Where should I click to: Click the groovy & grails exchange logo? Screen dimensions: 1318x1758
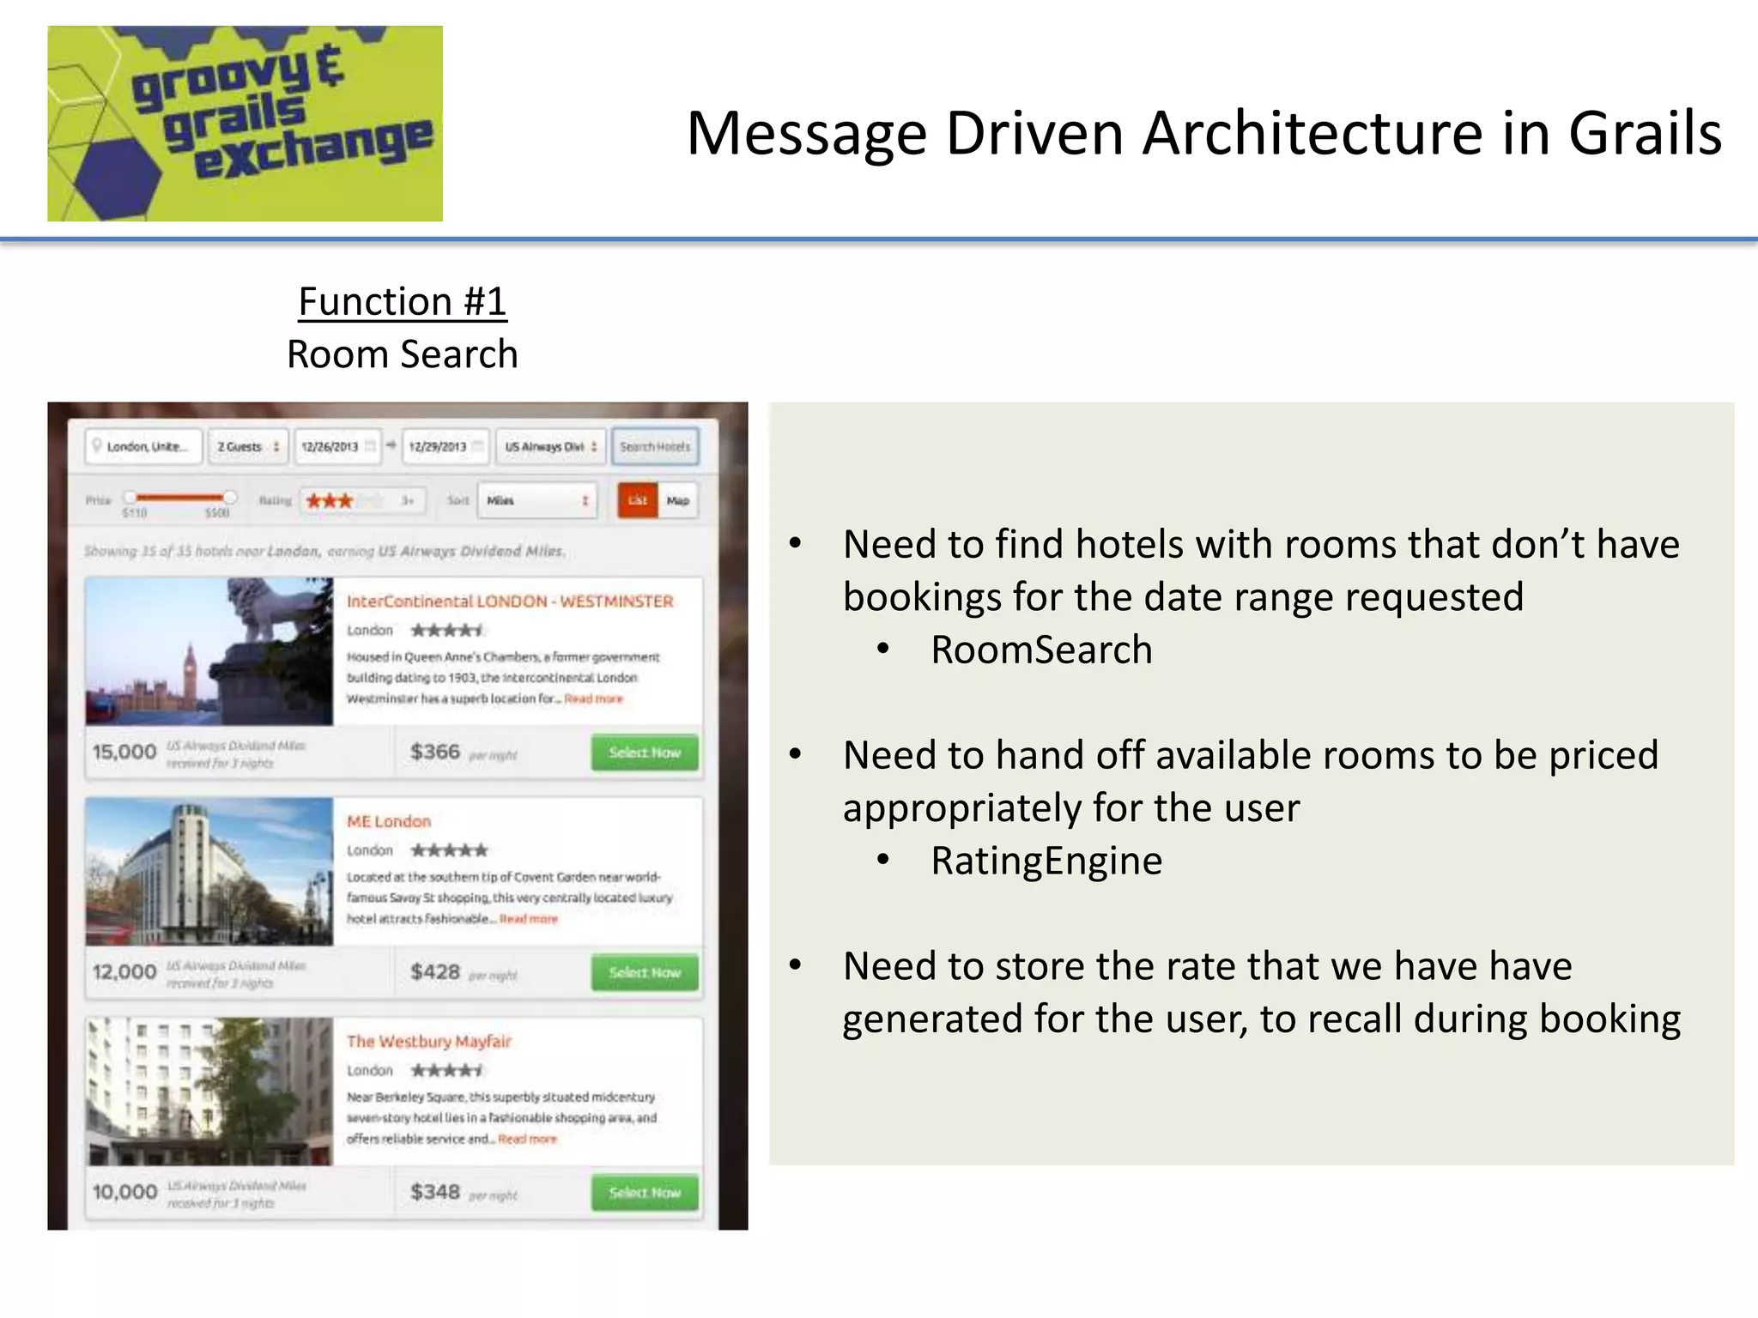point(245,124)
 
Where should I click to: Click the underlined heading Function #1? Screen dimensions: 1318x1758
point(403,302)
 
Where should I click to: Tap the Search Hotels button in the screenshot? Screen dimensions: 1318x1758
point(655,447)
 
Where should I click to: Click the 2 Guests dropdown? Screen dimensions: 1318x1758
point(247,447)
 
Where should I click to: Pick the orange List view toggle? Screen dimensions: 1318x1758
point(638,500)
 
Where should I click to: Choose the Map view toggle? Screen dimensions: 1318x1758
point(678,500)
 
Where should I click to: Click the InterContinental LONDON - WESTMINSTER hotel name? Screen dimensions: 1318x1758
point(510,602)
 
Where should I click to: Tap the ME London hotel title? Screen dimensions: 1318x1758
point(389,821)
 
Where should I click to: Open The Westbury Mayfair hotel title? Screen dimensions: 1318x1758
point(429,1042)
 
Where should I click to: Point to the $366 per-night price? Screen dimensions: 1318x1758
point(435,752)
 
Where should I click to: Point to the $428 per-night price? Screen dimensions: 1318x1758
point(435,972)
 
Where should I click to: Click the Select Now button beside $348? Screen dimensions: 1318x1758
point(645,1193)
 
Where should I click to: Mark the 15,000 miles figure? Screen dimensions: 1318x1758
point(124,752)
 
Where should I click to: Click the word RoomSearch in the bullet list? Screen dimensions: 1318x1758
point(1041,650)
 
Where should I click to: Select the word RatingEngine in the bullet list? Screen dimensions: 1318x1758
point(1046,861)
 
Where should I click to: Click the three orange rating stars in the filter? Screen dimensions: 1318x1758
point(330,501)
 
